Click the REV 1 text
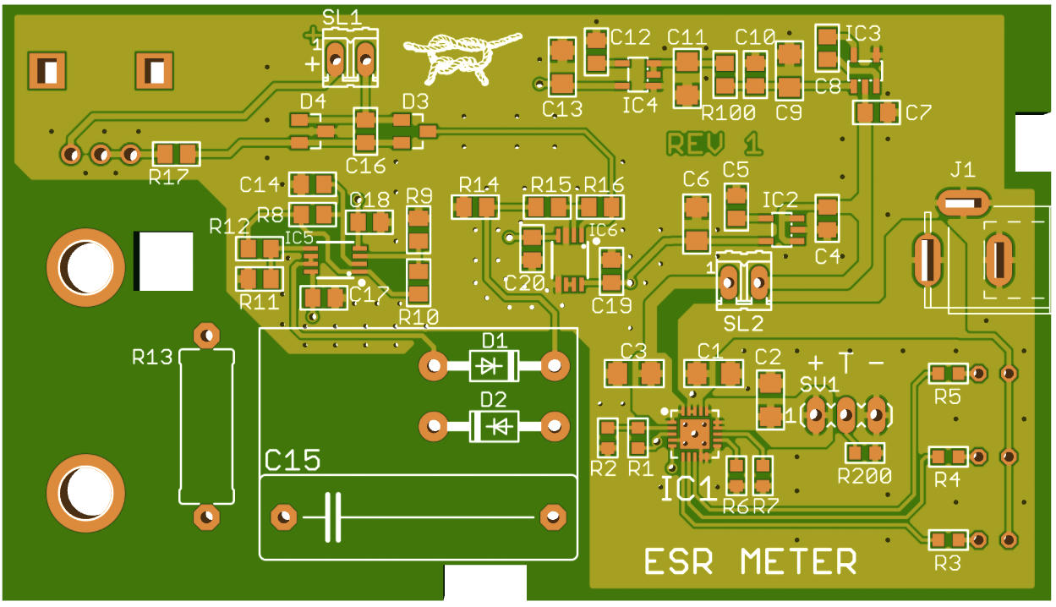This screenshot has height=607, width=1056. pos(714,144)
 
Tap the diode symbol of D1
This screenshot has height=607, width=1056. pos(492,366)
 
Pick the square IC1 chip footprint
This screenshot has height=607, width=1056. pos(695,432)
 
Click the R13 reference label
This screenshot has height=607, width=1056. pos(152,358)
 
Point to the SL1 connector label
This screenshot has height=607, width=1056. pos(342,17)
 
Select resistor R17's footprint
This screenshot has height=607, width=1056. pos(176,154)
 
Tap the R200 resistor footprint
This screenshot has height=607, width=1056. pos(865,453)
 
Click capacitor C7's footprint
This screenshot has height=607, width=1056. pos(875,112)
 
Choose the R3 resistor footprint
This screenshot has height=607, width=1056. pos(947,539)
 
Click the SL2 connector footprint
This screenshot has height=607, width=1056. pos(743,280)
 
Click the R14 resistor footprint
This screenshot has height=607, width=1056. pos(474,206)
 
